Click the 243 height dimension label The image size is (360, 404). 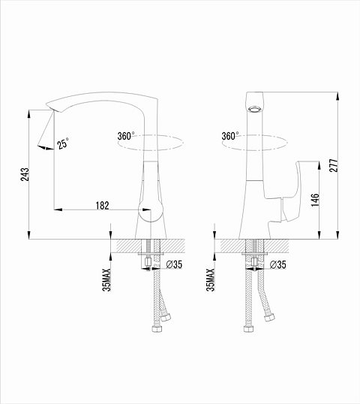(25, 174)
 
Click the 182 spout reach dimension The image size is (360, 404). (103, 206)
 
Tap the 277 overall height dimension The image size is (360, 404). (334, 165)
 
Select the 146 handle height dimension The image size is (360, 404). (315, 200)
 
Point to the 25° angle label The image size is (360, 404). (63, 143)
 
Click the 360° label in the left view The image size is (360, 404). (126, 136)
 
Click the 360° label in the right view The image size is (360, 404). (230, 136)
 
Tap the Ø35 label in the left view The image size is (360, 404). (174, 264)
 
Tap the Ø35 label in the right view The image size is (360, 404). (278, 264)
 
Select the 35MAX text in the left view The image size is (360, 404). (106, 280)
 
